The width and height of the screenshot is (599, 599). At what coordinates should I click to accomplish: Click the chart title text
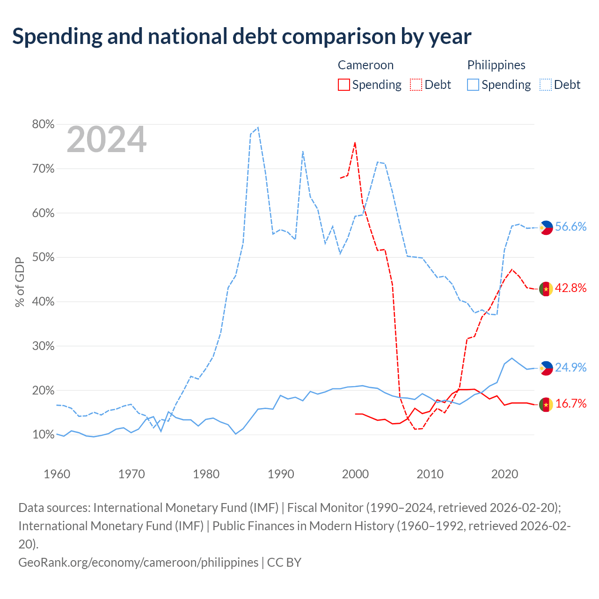(241, 37)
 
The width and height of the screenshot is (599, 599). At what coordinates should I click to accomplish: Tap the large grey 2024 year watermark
(106, 139)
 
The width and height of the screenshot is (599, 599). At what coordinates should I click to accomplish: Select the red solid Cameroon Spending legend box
(343, 85)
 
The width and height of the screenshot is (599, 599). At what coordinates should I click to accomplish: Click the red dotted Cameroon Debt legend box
(416, 85)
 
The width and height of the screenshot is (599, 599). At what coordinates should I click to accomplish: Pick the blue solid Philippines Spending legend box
(473, 85)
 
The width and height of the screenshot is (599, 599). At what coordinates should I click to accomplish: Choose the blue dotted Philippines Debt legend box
(545, 85)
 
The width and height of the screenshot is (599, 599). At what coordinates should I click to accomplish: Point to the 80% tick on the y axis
(43, 124)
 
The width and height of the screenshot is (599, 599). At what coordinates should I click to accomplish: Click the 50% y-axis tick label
(43, 257)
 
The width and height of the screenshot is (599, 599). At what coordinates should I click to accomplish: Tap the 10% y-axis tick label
(43, 434)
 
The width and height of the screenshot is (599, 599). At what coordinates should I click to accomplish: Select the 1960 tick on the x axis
(57, 474)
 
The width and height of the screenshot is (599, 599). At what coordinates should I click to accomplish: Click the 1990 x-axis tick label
(281, 474)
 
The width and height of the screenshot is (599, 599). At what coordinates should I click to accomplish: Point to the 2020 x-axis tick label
(504, 474)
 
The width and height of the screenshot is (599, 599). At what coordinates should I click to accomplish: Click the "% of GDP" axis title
(20, 282)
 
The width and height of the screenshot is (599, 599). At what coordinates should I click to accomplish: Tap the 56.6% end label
(571, 226)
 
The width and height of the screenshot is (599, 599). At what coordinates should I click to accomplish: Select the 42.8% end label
(571, 288)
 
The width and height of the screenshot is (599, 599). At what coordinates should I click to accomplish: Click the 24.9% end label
(571, 367)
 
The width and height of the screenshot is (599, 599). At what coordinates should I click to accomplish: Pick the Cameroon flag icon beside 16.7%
(546, 404)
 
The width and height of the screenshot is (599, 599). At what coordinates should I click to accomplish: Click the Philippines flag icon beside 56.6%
(546, 227)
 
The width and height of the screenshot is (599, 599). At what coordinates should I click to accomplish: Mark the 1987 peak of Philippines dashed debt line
(258, 127)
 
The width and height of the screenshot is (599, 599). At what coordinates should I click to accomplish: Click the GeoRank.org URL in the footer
(139, 562)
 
